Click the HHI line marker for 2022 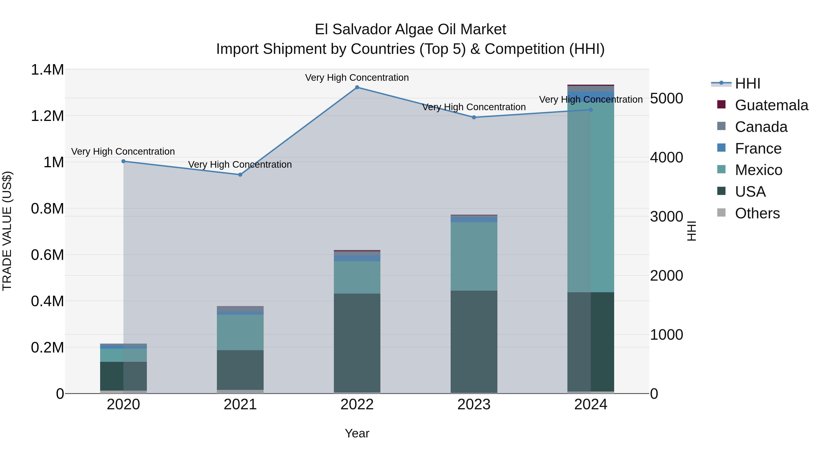tap(357, 87)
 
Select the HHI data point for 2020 tap(124, 161)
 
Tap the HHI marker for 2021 tap(240, 175)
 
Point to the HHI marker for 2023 tap(474, 117)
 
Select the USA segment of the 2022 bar tap(357, 343)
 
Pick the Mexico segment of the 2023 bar tap(474, 256)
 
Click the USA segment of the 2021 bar tap(240, 370)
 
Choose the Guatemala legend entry tap(771, 105)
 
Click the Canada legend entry tap(761, 127)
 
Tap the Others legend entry tap(757, 213)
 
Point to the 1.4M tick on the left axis tap(47, 70)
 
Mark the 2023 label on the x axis tap(474, 405)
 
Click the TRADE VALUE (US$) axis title tap(7, 231)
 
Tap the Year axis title tap(357, 433)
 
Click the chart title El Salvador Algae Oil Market tap(410, 29)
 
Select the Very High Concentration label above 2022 tap(357, 78)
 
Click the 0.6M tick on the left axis tap(47, 255)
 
